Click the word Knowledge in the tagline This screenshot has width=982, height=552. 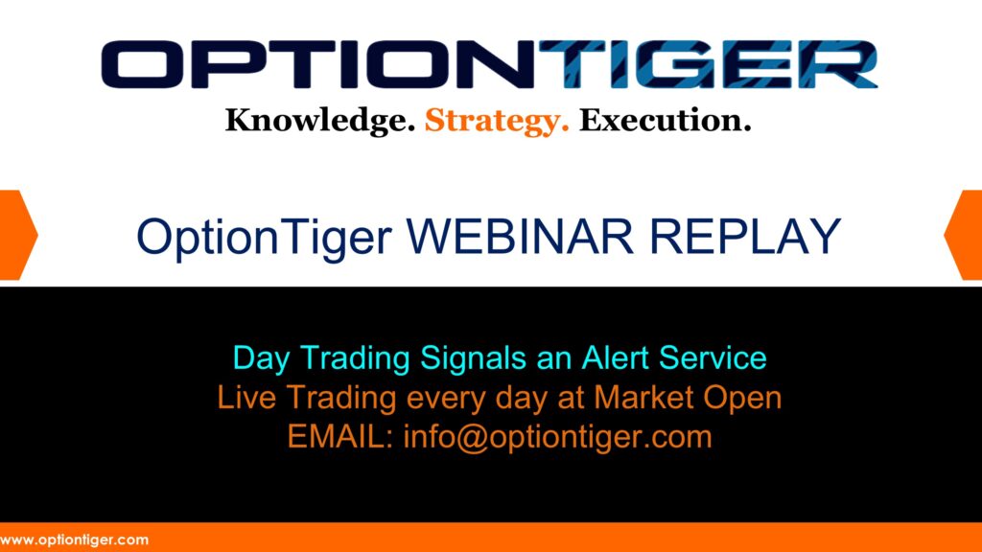(319, 122)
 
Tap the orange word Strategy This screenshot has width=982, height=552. (497, 122)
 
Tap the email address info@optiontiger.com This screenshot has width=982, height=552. (557, 436)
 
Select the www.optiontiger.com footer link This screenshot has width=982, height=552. (74, 540)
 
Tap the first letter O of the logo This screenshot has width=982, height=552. (143, 64)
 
